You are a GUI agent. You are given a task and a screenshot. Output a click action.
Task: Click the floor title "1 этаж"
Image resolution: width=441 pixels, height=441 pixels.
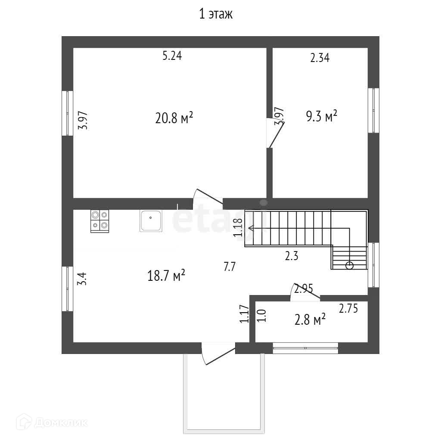pos(215,14)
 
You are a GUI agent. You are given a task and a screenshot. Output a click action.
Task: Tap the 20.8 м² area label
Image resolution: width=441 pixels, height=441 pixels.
pos(174,118)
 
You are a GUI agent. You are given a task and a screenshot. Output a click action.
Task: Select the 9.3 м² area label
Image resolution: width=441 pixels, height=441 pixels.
pos(321,116)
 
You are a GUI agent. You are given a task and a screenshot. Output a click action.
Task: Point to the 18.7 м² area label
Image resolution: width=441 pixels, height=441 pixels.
pos(166,276)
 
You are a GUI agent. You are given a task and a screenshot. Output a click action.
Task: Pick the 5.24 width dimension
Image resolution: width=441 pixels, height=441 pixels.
pos(172,56)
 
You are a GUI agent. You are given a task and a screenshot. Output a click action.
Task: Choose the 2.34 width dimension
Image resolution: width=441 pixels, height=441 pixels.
pos(320,58)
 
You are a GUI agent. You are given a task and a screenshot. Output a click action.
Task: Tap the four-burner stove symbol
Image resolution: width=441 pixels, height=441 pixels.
pos(99,221)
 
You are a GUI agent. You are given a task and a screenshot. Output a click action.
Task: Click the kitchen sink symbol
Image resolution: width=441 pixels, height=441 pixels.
pos(151,221)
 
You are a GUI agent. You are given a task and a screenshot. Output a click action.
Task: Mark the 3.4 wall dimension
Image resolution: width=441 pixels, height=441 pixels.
pos(82,278)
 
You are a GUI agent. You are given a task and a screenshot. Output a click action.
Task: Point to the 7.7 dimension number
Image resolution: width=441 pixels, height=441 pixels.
pos(229,267)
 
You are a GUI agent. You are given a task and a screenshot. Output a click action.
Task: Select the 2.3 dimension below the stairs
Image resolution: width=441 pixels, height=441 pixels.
pos(292,256)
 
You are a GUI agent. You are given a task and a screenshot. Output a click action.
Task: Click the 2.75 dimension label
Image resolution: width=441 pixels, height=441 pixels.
pos(348,308)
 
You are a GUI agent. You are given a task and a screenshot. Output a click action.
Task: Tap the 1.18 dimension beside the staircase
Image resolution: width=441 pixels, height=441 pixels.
pos(238,227)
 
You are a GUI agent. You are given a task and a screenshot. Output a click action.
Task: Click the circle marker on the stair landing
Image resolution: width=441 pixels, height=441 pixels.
pos(349,265)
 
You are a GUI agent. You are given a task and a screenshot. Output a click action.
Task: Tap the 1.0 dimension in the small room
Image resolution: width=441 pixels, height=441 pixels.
pos(261,316)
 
